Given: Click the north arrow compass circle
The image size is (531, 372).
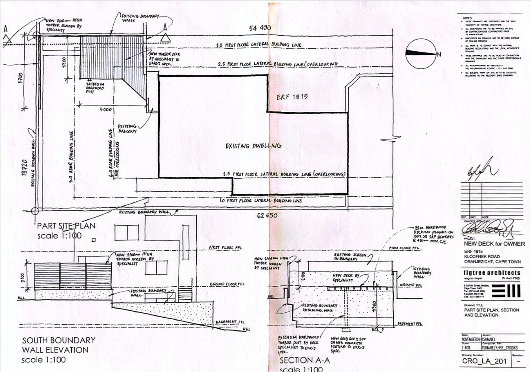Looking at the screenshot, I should pyautogui.click(x=421, y=53).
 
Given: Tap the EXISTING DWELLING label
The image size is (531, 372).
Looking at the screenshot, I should pyautogui.click(x=253, y=146).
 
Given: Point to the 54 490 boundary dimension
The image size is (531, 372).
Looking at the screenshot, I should pyautogui.click(x=260, y=28).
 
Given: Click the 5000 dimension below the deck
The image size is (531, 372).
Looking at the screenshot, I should pyautogui.click(x=106, y=110).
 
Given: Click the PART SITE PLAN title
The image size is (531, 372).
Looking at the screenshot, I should pyautogui.click(x=66, y=226).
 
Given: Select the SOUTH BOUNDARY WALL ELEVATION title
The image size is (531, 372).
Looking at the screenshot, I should pyautogui.click(x=58, y=350).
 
